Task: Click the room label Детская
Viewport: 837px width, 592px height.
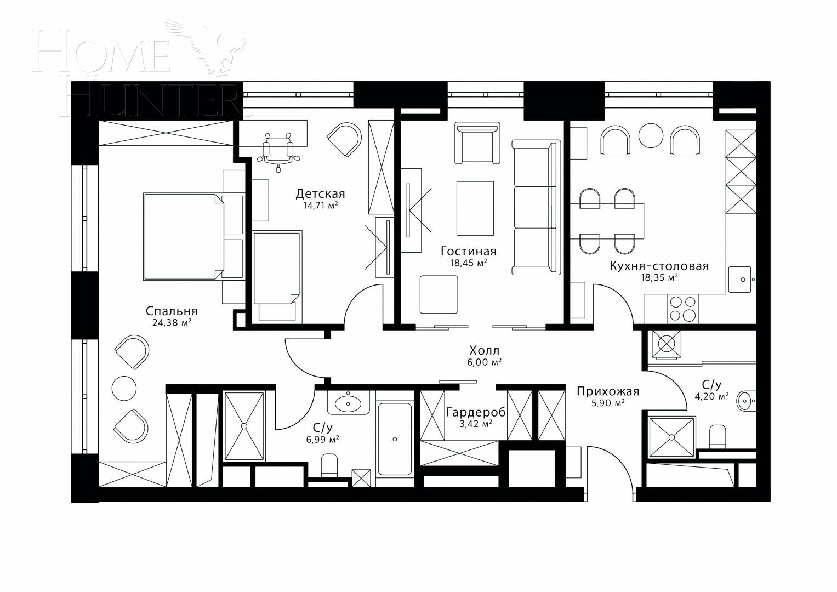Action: (320, 193)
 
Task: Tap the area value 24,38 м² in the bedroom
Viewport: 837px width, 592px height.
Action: (172, 323)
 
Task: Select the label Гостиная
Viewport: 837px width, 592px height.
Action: (468, 251)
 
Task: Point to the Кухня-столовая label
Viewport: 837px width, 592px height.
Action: (659, 266)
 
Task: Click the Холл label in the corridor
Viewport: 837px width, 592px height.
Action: (484, 350)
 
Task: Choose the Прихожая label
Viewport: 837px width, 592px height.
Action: (607, 391)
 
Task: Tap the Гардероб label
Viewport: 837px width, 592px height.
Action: (475, 412)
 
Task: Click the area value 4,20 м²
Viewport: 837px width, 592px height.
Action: (715, 396)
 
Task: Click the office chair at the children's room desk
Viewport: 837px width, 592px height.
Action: (278, 149)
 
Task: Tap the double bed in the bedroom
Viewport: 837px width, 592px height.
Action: (184, 236)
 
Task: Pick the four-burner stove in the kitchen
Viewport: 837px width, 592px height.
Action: (682, 308)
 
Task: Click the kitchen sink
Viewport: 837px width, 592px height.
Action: (742, 280)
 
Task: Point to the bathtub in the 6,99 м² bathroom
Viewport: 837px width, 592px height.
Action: (395, 439)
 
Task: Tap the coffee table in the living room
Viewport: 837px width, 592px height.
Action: (475, 208)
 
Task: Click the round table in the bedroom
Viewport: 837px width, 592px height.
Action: (124, 388)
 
